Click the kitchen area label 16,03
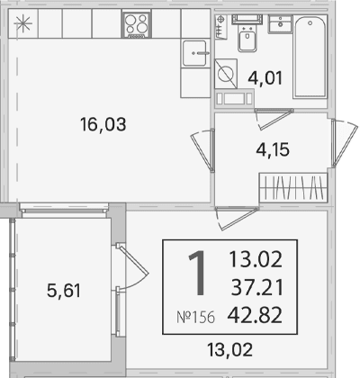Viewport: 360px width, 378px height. [103, 124]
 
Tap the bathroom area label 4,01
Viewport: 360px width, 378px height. [265, 77]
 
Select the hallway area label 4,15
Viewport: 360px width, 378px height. [273, 149]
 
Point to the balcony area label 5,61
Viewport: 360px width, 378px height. [64, 291]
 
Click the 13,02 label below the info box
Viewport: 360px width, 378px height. [230, 349]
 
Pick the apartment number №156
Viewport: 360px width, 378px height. [195, 317]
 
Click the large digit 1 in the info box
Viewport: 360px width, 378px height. [198, 273]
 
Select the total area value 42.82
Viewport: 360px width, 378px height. [255, 315]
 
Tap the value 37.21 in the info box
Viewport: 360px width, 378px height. [257, 287]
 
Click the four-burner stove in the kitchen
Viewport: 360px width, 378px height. [137, 24]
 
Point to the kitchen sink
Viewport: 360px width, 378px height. [195, 53]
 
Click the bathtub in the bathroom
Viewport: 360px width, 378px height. [310, 57]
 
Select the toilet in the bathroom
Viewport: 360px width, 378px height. [247, 33]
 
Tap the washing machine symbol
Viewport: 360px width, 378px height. [226, 74]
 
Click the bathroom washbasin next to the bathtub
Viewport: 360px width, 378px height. [280, 23]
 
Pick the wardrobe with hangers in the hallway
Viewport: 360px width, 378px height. [293, 186]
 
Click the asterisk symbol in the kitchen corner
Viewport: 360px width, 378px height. [22, 24]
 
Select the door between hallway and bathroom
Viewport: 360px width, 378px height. [274, 119]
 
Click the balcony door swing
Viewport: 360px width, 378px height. [132, 267]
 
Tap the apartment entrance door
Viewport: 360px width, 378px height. [345, 142]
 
